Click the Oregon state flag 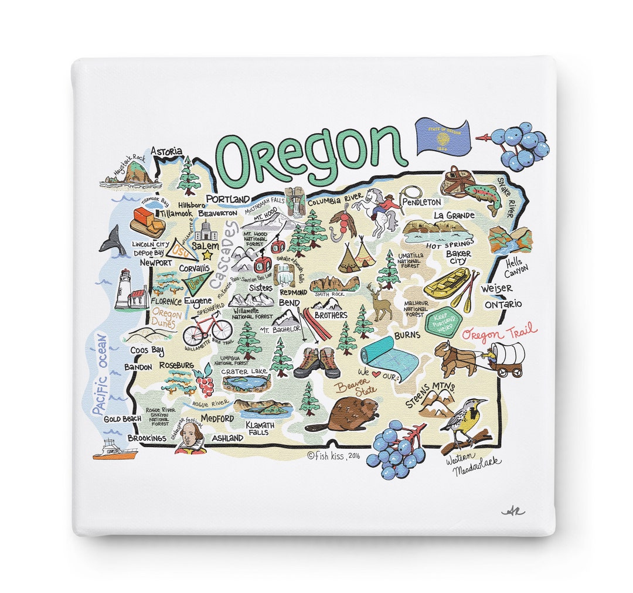click(x=443, y=138)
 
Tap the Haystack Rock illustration click(x=134, y=173)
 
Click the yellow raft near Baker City click(x=447, y=283)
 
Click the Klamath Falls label click(x=257, y=428)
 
